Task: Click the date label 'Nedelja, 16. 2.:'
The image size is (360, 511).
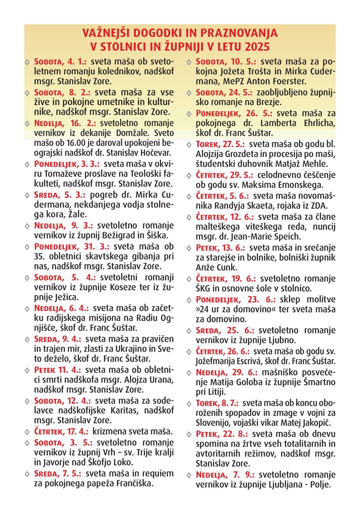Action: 65,123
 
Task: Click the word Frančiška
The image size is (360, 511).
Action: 134,483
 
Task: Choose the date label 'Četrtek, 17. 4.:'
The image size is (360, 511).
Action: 61,432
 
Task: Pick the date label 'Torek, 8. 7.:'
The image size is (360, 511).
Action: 217,403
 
